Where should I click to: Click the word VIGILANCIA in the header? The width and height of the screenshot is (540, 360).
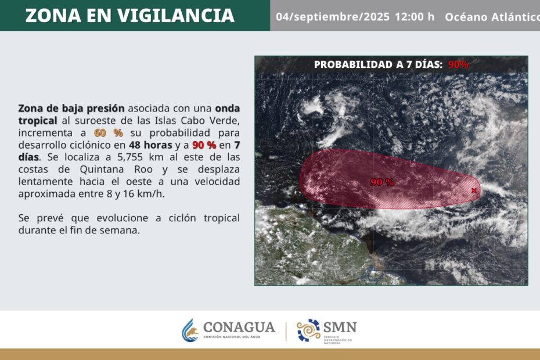pos(175,16)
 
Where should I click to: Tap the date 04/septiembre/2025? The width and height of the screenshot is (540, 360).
pos(333,17)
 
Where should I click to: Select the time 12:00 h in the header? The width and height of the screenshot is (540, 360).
pos(415,16)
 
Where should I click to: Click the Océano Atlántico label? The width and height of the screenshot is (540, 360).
pos(492,17)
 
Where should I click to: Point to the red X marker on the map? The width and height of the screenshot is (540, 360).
pos(474,190)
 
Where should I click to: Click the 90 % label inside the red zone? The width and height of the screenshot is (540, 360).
pos(382,182)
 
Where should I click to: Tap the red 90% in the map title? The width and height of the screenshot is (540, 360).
pos(458,64)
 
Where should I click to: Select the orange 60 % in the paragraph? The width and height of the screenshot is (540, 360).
pos(108,133)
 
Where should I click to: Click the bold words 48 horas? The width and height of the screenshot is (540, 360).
pos(150,145)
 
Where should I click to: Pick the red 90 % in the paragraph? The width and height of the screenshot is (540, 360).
pos(204,145)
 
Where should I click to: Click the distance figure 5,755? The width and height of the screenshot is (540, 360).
pos(130,157)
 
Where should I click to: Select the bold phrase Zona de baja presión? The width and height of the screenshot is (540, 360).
pos(71,109)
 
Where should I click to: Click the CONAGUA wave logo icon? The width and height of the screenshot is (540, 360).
pos(190,330)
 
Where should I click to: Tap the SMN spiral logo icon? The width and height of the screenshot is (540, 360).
pos(308,330)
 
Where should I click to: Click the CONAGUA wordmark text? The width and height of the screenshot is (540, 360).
pos(239,327)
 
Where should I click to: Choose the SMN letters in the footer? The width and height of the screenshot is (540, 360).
pos(340,327)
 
